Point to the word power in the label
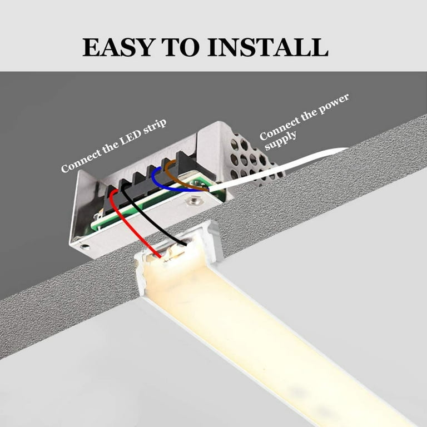pyautogui.click(x=332, y=107)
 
